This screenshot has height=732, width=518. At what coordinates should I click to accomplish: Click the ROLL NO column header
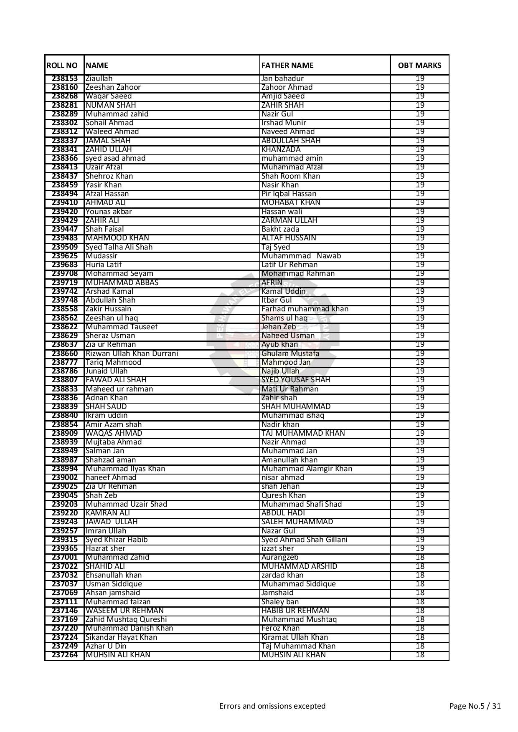62,65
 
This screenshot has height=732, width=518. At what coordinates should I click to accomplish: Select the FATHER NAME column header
287,65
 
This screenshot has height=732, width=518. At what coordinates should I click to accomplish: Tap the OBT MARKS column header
419,65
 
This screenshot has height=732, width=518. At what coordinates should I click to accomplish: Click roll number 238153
65,78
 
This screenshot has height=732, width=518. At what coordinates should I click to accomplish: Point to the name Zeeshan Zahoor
113,87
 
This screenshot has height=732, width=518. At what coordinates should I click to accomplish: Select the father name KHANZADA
281,149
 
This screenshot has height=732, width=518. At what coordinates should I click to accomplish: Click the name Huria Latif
104,265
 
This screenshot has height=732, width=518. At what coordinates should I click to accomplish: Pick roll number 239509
65,247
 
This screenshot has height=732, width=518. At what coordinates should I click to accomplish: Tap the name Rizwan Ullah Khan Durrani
132,353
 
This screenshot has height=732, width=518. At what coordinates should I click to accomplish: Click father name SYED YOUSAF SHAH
295,380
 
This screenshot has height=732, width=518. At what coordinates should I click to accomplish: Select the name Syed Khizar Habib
116,540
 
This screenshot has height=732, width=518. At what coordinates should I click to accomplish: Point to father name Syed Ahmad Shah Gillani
304,540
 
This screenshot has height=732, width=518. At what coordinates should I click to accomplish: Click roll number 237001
65,557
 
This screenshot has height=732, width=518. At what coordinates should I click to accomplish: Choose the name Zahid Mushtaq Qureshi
126,619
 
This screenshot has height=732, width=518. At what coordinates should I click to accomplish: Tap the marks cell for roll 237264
420,655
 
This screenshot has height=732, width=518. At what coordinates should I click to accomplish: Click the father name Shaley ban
279,602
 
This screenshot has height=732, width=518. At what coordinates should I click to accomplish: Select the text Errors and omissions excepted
272,706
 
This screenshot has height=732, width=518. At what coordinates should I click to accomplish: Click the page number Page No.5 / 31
475,706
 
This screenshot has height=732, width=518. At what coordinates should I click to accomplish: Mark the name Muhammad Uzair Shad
126,504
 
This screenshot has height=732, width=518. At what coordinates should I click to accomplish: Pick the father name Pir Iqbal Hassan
289,194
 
